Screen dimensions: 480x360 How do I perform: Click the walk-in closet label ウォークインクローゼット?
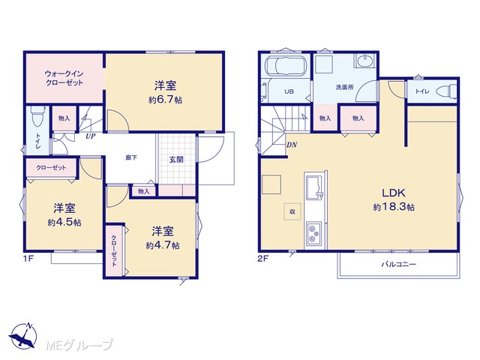[x=64, y=78]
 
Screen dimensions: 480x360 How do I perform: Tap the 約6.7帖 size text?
[x=165, y=100]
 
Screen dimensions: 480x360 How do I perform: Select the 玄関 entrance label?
[x=176, y=160]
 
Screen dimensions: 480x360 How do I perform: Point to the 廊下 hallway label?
[x=131, y=158]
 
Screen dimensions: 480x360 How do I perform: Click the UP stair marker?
[x=91, y=136]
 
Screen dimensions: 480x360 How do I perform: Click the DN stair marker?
[x=292, y=145]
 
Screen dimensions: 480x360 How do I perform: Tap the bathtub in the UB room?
[x=286, y=65]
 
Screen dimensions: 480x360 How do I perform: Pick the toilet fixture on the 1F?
[x=38, y=115]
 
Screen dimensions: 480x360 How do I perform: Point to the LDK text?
[x=393, y=193]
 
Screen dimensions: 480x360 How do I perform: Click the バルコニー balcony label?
[x=398, y=264]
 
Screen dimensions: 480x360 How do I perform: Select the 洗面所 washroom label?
[x=345, y=87]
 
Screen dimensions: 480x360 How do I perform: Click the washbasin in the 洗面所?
[x=364, y=60]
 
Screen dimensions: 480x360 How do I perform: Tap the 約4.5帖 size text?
[x=64, y=222]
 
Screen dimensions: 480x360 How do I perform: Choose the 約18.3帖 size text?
[x=394, y=207]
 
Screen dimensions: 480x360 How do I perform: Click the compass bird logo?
[x=23, y=335]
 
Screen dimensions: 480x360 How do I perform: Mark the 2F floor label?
[x=263, y=259]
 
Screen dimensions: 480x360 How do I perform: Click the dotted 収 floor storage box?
[x=292, y=211]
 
